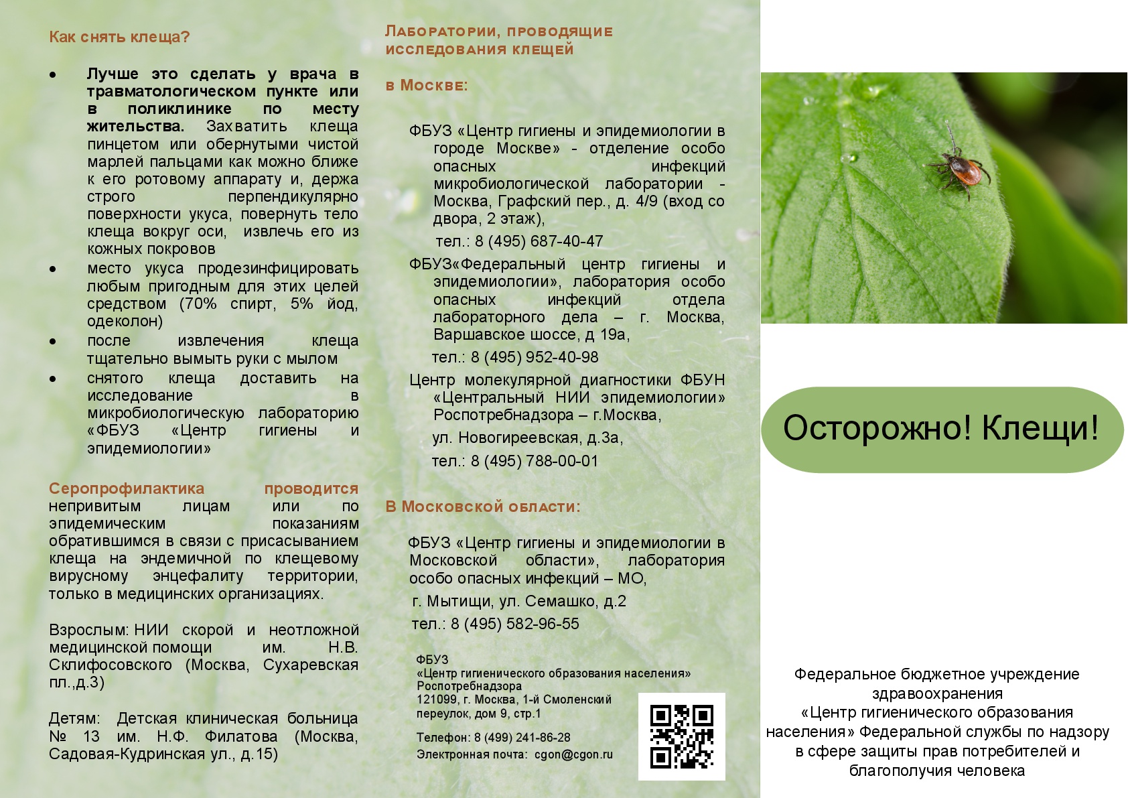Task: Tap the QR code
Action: pyautogui.click(x=681, y=736)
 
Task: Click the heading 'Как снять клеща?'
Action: pyautogui.click(x=119, y=37)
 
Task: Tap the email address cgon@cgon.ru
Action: pyautogui.click(x=573, y=754)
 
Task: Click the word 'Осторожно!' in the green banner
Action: pyautogui.click(x=877, y=428)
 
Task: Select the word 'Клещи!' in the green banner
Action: pyautogui.click(x=1040, y=428)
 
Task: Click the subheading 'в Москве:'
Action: pyautogui.click(x=427, y=86)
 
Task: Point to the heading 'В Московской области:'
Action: pyautogui.click(x=482, y=507)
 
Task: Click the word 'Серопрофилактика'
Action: pyautogui.click(x=127, y=488)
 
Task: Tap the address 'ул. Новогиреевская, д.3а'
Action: pyautogui.click(x=527, y=438)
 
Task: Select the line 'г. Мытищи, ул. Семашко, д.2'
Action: pyautogui.click(x=519, y=601)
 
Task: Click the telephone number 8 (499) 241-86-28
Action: pyautogui.click(x=522, y=738)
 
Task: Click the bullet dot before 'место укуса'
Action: pyautogui.click(x=53, y=269)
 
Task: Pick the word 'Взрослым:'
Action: pyautogui.click(x=89, y=630)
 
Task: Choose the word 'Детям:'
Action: pyautogui.click(x=74, y=718)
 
